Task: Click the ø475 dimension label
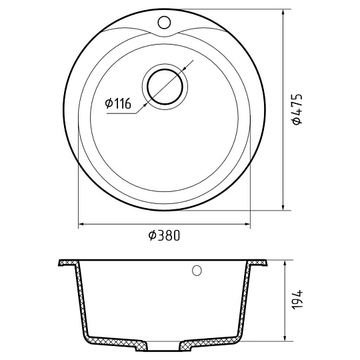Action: pyautogui.click(x=297, y=109)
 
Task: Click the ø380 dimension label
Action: pyautogui.click(x=164, y=235)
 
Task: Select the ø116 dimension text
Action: pyautogui.click(x=118, y=103)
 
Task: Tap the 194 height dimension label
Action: pyautogui.click(x=297, y=299)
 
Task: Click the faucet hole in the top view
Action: pyautogui.click(x=164, y=22)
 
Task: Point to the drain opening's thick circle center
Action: pyautogui.click(x=165, y=87)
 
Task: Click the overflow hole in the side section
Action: pyautogui.click(x=197, y=271)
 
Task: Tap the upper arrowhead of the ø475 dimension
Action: pyautogui.click(x=283, y=12)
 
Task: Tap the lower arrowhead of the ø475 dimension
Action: pyautogui.click(x=283, y=207)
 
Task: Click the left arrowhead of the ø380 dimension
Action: pyautogui.click(x=81, y=224)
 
